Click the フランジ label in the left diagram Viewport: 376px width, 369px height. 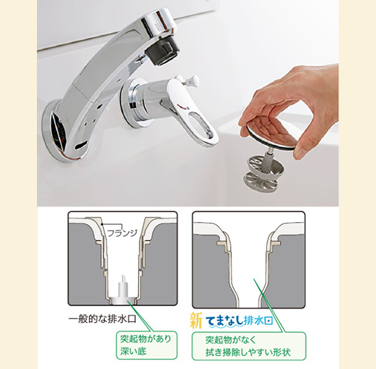[123, 233]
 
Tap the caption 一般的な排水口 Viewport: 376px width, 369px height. [102, 319]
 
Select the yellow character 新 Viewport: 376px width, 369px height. [196, 320]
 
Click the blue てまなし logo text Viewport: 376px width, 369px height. [224, 321]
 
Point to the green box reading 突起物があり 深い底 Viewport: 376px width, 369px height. [147, 345]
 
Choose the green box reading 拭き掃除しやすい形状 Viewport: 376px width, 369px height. [249, 346]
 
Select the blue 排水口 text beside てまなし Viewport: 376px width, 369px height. [258, 321]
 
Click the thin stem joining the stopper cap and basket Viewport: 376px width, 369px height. [268, 155]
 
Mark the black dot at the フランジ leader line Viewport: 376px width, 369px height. [102, 225]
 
